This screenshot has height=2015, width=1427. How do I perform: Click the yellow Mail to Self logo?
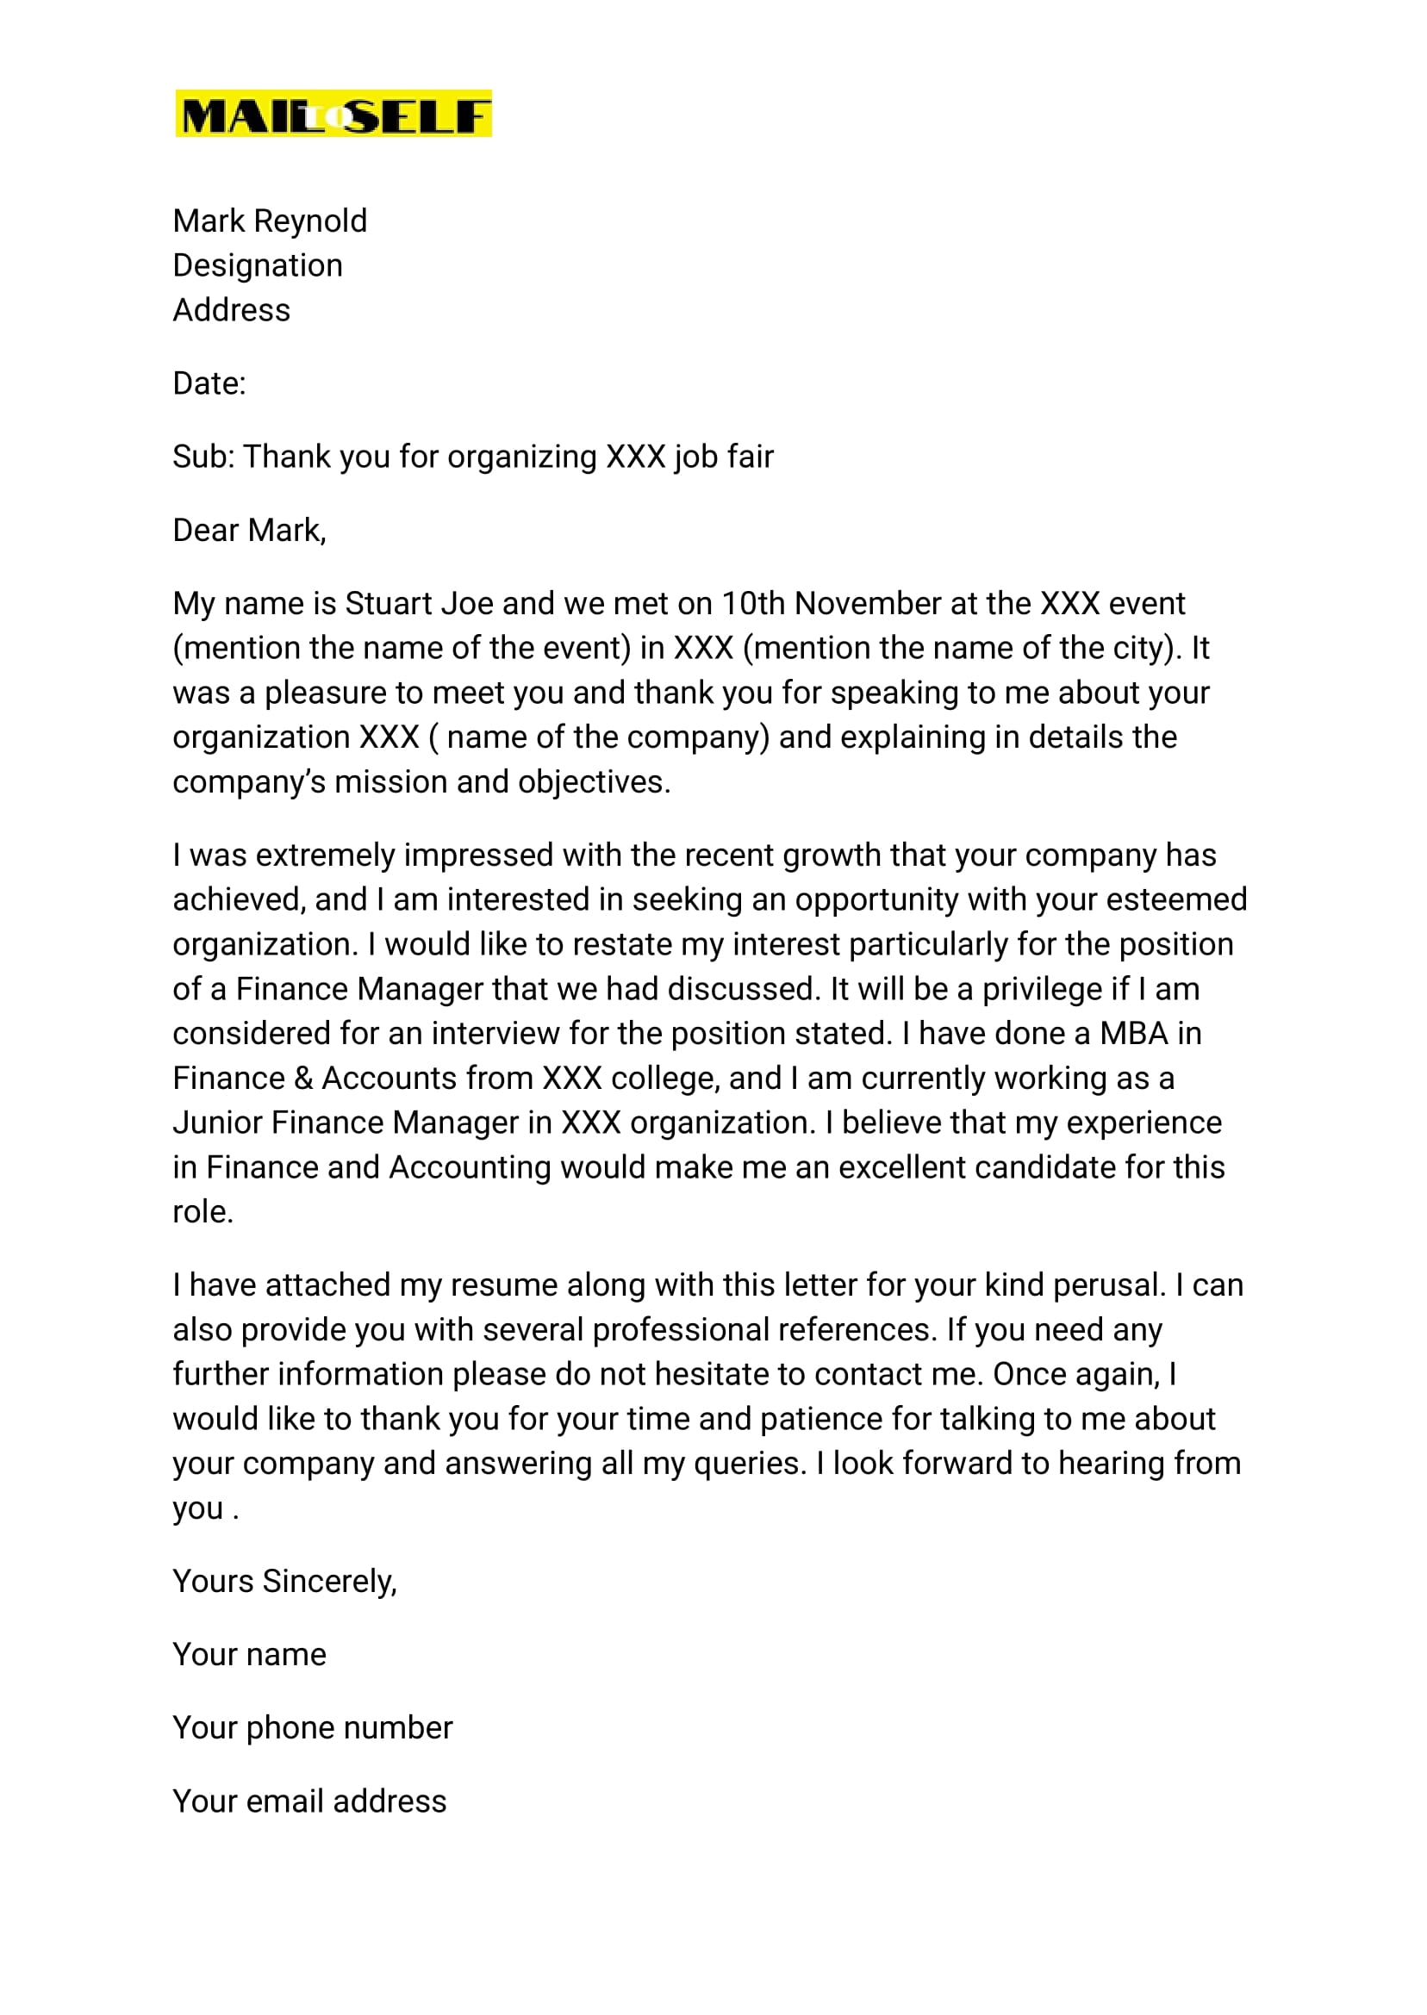point(333,114)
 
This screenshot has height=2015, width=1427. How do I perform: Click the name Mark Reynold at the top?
point(270,221)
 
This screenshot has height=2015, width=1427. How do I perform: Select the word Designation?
point(258,265)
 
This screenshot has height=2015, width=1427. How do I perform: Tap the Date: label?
point(209,384)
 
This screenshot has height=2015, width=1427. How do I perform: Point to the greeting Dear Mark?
point(250,531)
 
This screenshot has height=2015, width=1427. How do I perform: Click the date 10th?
point(753,603)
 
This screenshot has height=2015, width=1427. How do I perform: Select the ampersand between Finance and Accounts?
point(303,1079)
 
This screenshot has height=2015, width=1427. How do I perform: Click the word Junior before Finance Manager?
point(217,1123)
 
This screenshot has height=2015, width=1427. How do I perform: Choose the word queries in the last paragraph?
point(749,1464)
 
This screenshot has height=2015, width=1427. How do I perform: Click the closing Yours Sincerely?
point(284,1582)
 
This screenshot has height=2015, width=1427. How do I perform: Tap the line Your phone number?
point(312,1729)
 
